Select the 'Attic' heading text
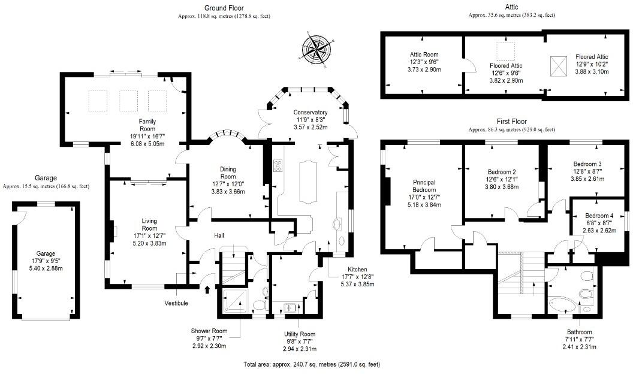coord(511,7)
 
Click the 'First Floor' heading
coord(511,121)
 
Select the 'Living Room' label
coord(149,225)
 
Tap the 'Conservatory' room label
coord(310,113)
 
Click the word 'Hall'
coord(220,235)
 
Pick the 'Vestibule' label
coord(176,303)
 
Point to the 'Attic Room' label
coord(423,55)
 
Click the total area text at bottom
coord(312,364)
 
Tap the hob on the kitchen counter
coord(279,165)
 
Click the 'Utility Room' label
coord(299,334)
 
